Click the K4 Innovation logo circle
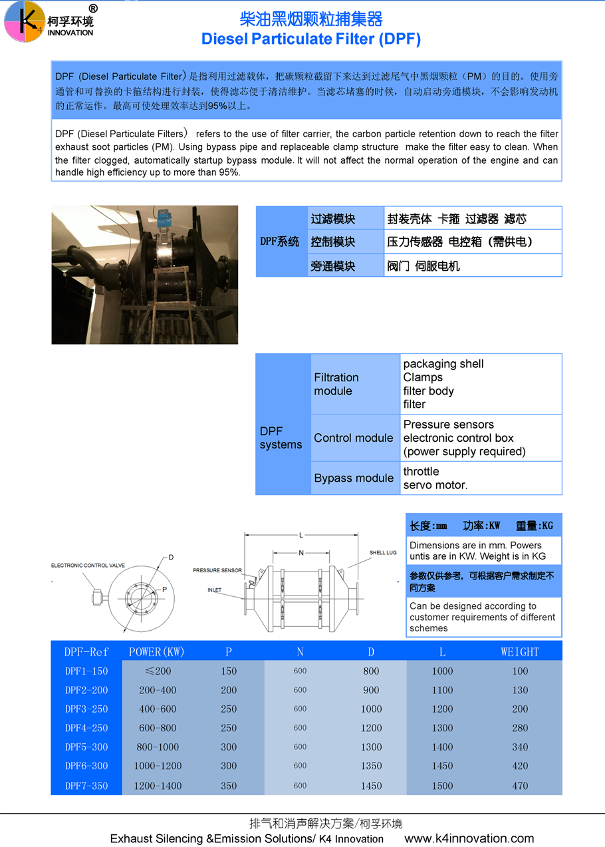[x=25, y=21]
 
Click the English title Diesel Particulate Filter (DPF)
[x=311, y=39]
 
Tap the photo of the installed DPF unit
[x=145, y=275]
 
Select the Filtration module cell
[x=336, y=384]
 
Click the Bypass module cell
[x=354, y=478]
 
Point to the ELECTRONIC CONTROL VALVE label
[x=88, y=566]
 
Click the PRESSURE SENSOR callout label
[x=217, y=570]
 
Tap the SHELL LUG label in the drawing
[x=383, y=553]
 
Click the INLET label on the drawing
[x=214, y=590]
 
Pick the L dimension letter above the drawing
[x=301, y=535]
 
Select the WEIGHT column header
[x=520, y=651]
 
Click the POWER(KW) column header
[x=157, y=651]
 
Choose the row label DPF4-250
[x=86, y=728]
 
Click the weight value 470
[x=520, y=786]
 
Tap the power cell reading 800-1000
[x=158, y=747]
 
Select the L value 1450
[x=442, y=766]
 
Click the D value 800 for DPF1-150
[x=371, y=671]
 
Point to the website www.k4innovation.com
[x=469, y=838]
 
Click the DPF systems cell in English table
[x=281, y=438]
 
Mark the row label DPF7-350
[x=86, y=786]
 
